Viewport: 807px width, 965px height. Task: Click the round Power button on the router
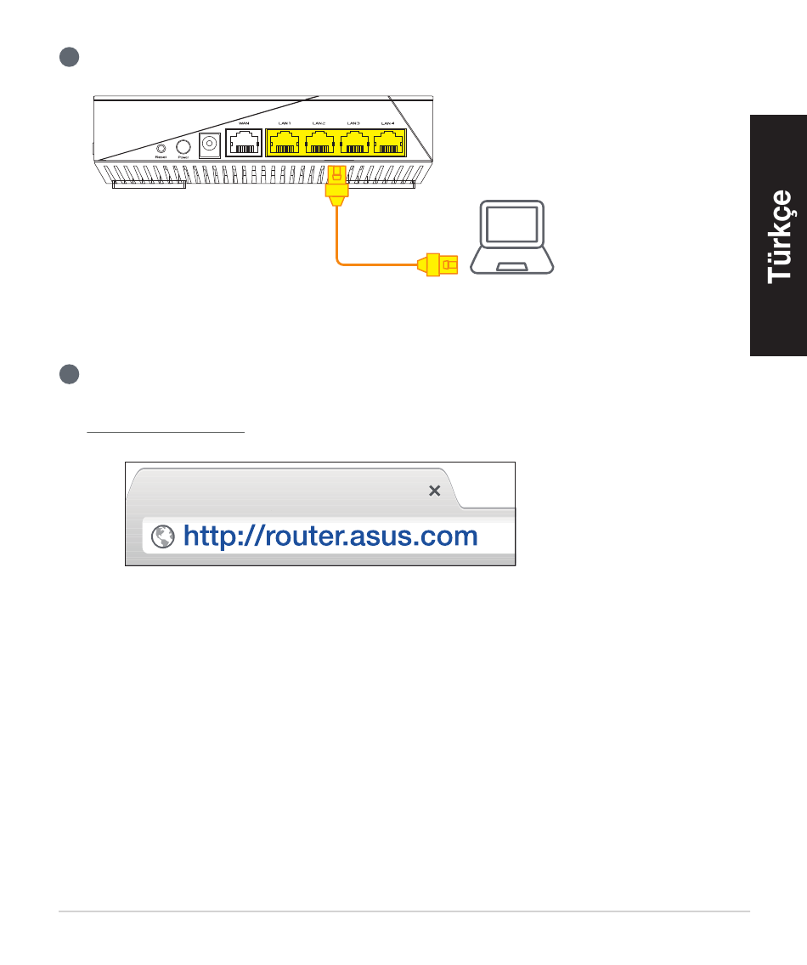pos(182,146)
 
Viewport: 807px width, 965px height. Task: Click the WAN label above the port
pos(245,124)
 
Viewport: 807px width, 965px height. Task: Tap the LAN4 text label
pos(388,124)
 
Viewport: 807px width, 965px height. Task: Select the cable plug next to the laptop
pos(437,265)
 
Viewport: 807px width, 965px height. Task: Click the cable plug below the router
pos(336,185)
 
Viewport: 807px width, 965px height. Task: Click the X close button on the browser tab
pos(434,491)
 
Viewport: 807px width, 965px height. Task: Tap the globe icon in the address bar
pos(161,536)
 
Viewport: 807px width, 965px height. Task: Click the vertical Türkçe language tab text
pos(780,236)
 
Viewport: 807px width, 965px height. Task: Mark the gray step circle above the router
pos(70,57)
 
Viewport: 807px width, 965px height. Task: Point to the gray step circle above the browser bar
pos(70,374)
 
